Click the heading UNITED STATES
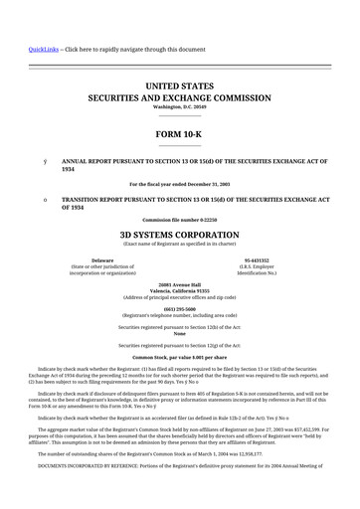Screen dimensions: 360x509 coord(179,87)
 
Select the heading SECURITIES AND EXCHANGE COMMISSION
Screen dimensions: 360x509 coord(179,99)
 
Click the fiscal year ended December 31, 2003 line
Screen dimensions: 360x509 coord(179,185)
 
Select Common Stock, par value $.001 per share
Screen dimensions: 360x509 coord(179,355)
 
